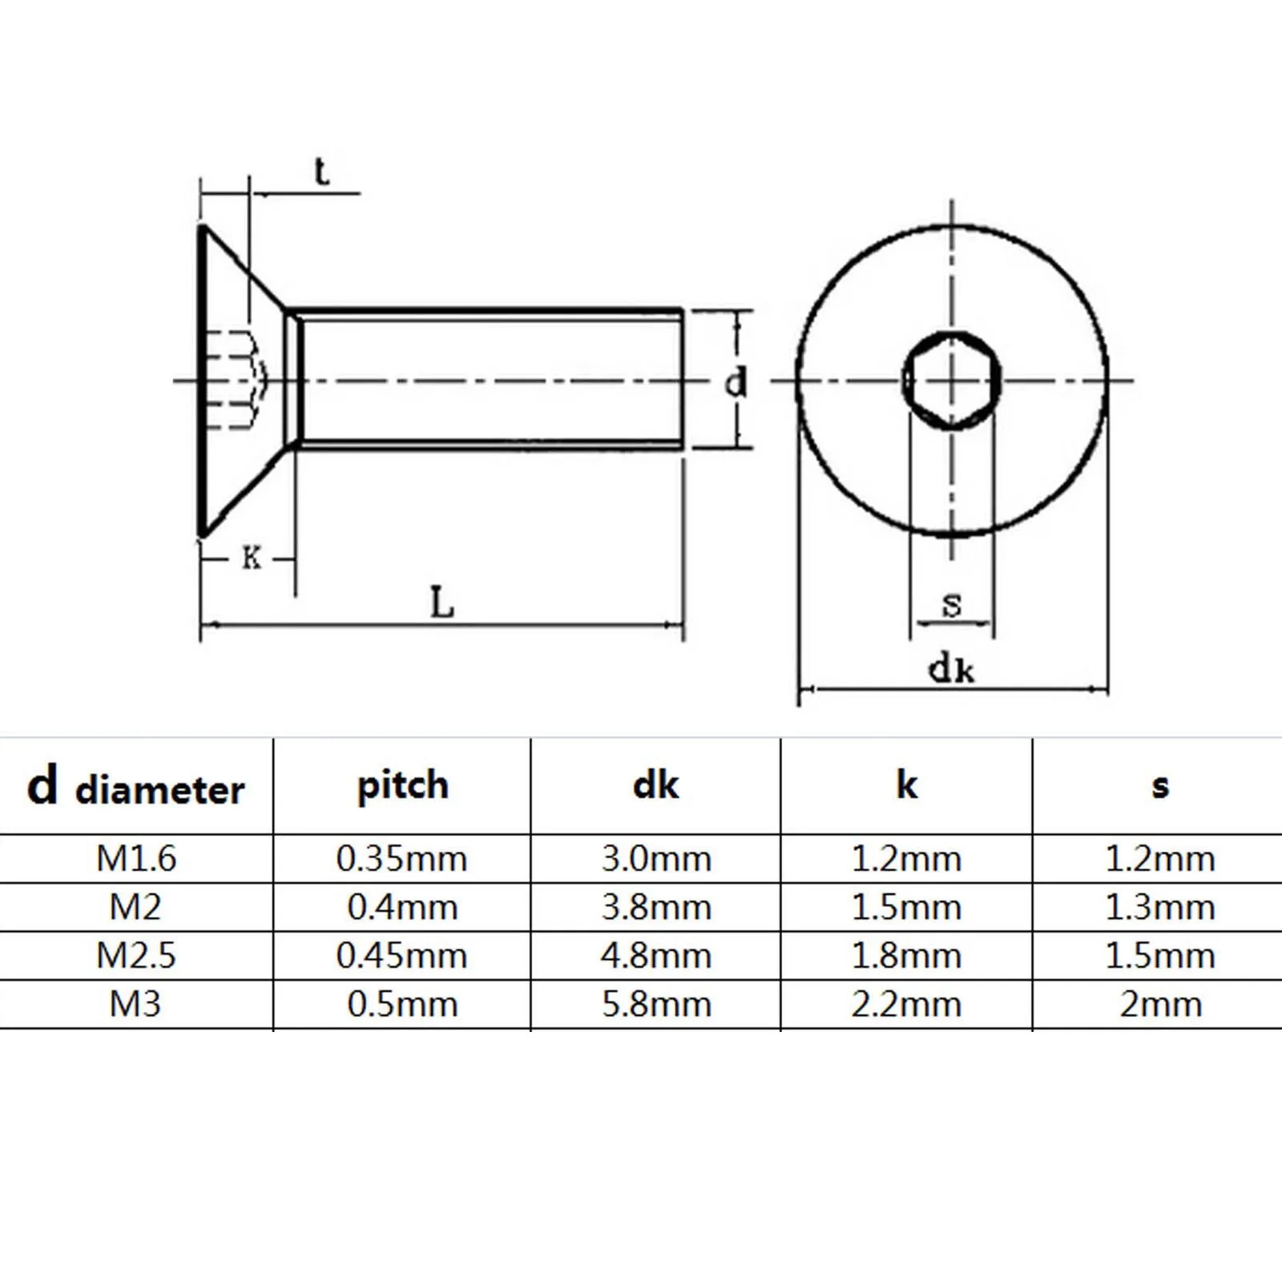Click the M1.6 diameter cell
coord(136,859)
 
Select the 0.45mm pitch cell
coord(401,956)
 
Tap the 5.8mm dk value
coord(656,1005)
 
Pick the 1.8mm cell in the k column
coord(906,956)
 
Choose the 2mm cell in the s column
coord(1160,1005)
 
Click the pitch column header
coord(402,786)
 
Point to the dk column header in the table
coord(655,784)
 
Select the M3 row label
coord(135,1005)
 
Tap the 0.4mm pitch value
coord(402,908)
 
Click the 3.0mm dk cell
coord(656,859)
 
